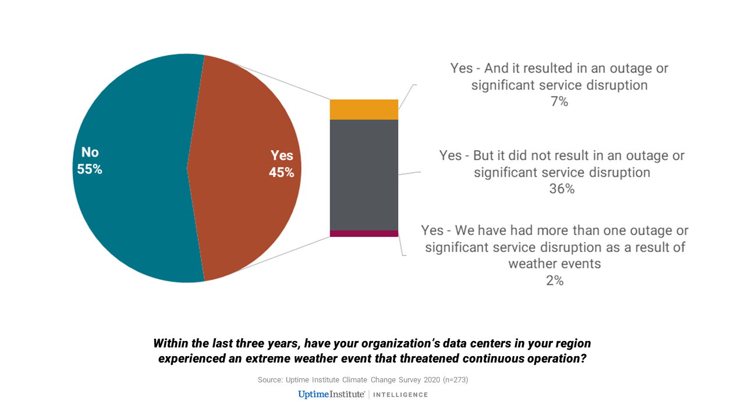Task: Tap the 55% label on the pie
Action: pyautogui.click(x=90, y=169)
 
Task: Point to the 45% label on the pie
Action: pyautogui.click(x=281, y=172)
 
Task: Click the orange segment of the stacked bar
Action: pyautogui.click(x=364, y=109)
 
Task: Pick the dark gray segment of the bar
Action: pyautogui.click(x=364, y=175)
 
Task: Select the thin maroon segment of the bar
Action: pyautogui.click(x=364, y=233)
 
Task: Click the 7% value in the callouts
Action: pyautogui.click(x=559, y=102)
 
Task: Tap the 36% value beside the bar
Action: pyautogui.click(x=562, y=189)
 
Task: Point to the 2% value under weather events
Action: pyautogui.click(x=555, y=280)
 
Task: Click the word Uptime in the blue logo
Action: pyautogui.click(x=314, y=395)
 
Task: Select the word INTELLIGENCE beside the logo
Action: pyautogui.click(x=400, y=395)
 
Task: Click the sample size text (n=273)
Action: pyautogui.click(x=455, y=380)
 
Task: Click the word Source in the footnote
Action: pyautogui.click(x=270, y=380)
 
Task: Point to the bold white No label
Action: pyautogui.click(x=90, y=152)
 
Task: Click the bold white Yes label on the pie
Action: pyautogui.click(x=282, y=155)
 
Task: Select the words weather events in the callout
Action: pyautogui.click(x=555, y=264)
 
